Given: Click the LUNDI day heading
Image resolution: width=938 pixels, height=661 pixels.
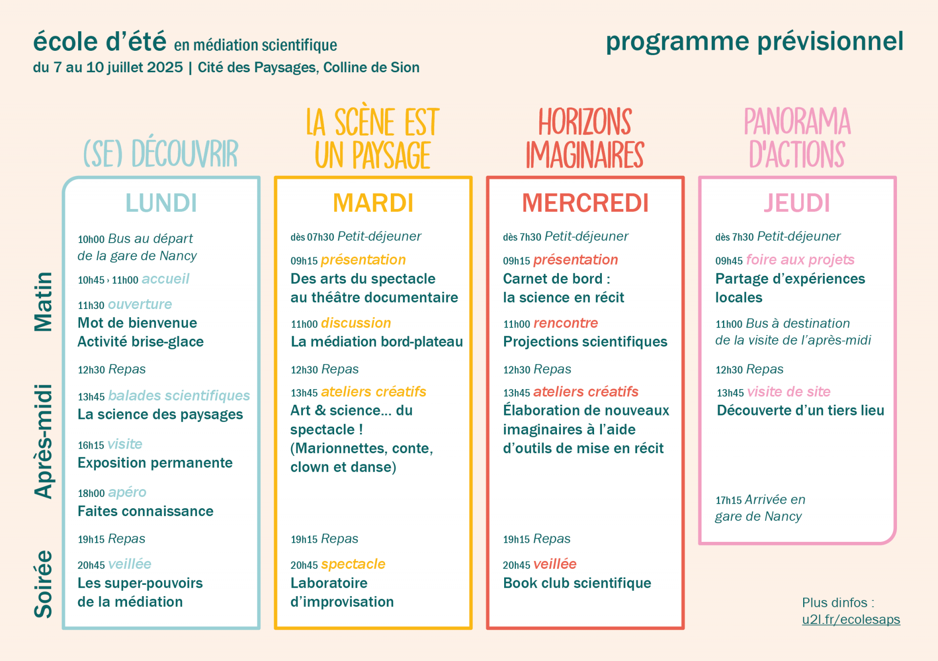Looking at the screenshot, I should pyautogui.click(x=161, y=203).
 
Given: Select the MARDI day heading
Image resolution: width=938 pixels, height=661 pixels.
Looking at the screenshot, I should pyautogui.click(x=373, y=203).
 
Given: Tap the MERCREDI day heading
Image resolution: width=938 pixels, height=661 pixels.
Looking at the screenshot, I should pyautogui.click(x=585, y=203).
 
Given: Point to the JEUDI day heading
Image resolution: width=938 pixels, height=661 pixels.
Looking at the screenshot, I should pyautogui.click(x=797, y=203).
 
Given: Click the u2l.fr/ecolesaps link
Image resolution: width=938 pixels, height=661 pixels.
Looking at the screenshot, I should pyautogui.click(x=851, y=620).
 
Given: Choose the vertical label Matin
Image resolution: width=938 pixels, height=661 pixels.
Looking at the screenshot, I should pyautogui.click(x=43, y=302).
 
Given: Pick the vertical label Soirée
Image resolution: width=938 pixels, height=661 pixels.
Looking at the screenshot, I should pyautogui.click(x=43, y=584).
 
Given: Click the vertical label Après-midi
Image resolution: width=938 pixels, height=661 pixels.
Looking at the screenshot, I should pyautogui.click(x=43, y=441).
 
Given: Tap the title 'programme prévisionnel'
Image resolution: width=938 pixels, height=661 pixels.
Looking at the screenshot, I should pyautogui.click(x=754, y=41).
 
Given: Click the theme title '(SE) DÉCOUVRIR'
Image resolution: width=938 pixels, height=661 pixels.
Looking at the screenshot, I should pyautogui.click(x=161, y=153).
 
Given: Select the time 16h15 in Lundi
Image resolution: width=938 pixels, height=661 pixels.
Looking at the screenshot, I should pyautogui.click(x=91, y=445).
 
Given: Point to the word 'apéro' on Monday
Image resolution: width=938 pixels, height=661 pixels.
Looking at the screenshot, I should pyautogui.click(x=127, y=492).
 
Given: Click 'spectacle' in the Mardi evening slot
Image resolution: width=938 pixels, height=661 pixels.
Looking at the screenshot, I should pyautogui.click(x=353, y=564).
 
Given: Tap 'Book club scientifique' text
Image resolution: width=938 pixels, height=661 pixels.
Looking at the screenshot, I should pyautogui.click(x=577, y=583).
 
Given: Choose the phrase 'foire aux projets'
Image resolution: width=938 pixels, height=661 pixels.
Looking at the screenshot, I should pyautogui.click(x=800, y=260).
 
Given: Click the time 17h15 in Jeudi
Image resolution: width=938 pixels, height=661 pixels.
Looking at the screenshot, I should pyautogui.click(x=728, y=500).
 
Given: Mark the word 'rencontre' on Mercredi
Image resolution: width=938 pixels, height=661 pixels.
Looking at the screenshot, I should pyautogui.click(x=566, y=323).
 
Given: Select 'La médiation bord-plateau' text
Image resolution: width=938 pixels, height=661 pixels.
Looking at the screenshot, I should pyautogui.click(x=377, y=342).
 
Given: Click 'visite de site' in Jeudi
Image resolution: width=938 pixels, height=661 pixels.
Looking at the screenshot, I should pyautogui.click(x=789, y=392).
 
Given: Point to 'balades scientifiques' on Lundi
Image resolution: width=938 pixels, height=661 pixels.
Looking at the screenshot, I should pyautogui.click(x=179, y=395).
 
